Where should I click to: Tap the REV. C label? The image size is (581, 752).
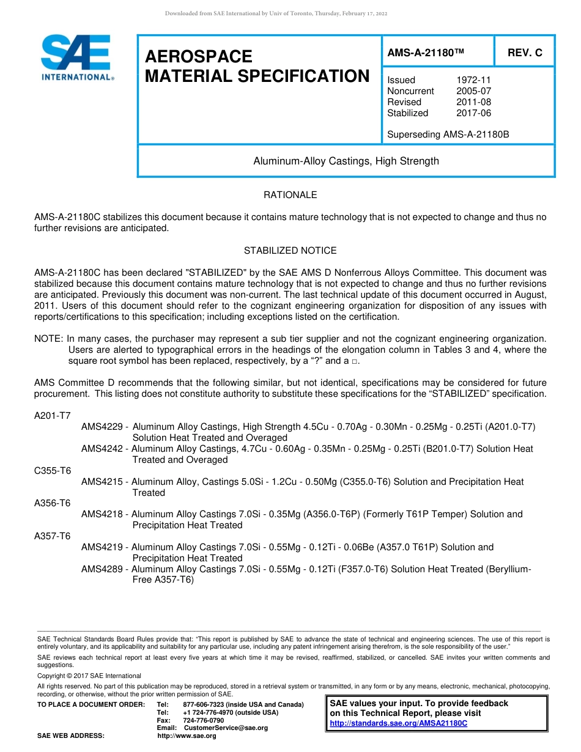(x=525, y=53)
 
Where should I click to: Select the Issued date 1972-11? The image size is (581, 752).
(x=473, y=80)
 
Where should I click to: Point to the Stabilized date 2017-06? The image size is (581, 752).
(x=473, y=113)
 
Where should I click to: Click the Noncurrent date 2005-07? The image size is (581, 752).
(x=473, y=91)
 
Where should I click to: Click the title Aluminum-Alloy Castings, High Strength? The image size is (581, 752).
(x=346, y=161)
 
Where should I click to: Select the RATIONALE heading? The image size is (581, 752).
(x=290, y=195)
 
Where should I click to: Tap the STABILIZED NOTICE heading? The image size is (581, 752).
(x=290, y=251)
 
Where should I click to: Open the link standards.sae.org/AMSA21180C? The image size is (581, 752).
(x=398, y=723)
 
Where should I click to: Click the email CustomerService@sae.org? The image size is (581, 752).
(x=226, y=728)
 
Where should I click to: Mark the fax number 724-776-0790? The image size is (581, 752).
(x=204, y=720)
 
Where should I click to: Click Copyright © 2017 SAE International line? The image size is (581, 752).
(x=89, y=676)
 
